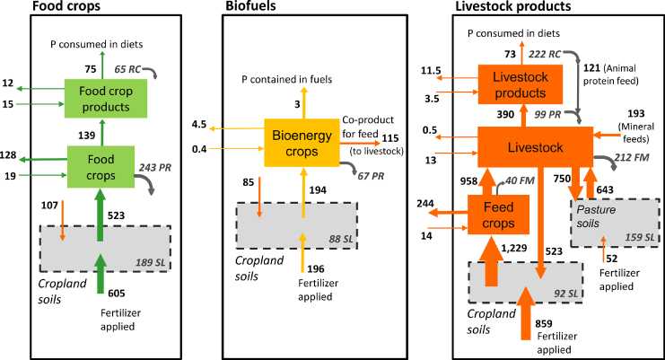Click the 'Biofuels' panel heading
pyautogui.click(x=249, y=6)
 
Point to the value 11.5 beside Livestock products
pyautogui.click(x=433, y=70)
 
